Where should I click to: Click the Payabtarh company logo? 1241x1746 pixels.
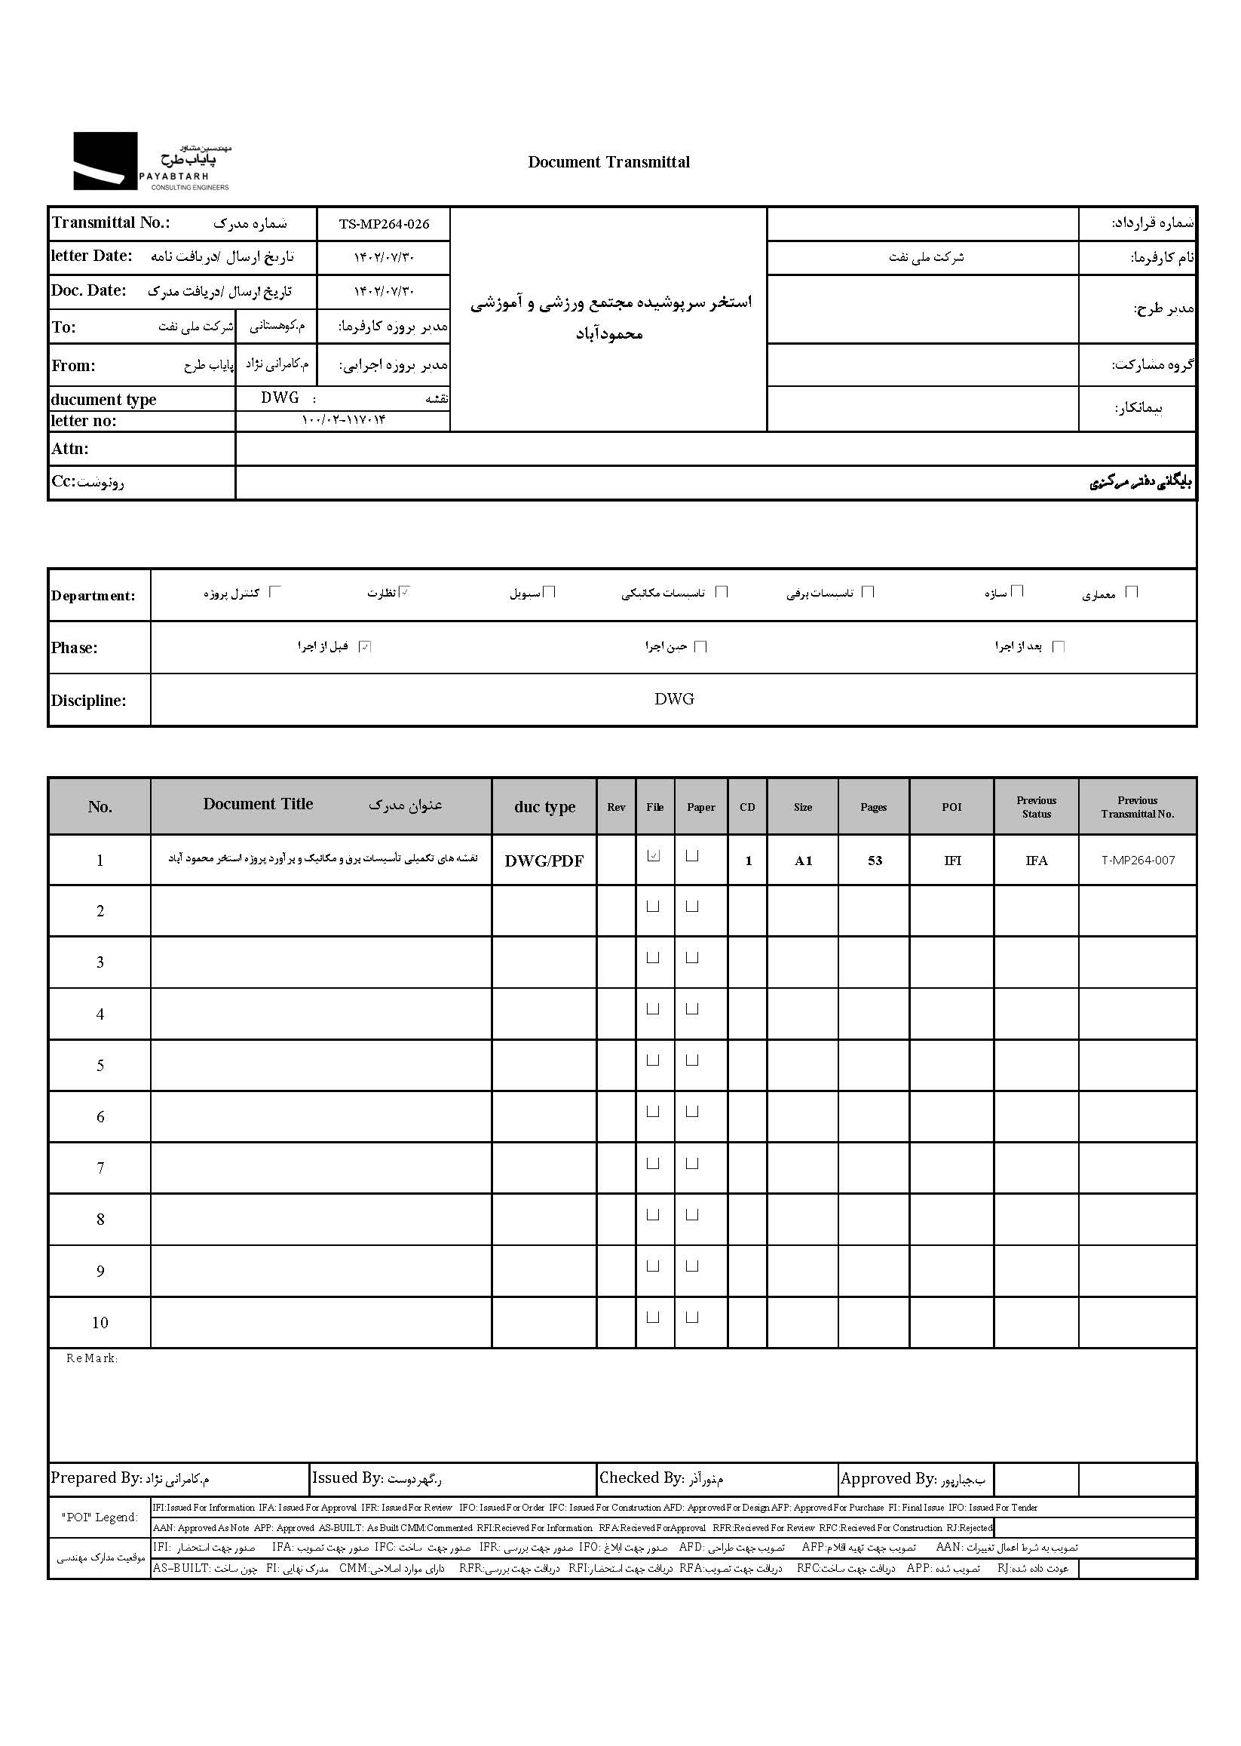point(152,161)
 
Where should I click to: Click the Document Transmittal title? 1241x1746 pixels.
point(608,162)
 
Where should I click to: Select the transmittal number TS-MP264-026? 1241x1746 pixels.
point(384,224)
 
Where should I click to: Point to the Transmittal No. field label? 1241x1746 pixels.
point(111,222)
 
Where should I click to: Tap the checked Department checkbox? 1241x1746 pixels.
point(406,591)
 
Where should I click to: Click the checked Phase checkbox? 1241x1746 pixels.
point(365,646)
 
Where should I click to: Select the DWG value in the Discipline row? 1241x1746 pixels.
point(674,698)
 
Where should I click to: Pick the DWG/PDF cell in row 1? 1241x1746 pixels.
point(544,861)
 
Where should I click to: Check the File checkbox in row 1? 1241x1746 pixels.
point(654,856)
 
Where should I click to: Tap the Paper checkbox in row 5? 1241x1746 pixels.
point(692,1060)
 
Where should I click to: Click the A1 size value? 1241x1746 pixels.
point(803,861)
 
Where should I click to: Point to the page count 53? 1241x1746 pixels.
point(874,861)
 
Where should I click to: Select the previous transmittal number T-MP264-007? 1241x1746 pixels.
point(1137,861)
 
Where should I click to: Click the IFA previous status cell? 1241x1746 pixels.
point(1036,861)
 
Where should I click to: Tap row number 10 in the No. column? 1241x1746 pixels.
point(100,1322)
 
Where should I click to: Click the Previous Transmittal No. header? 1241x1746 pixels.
point(1137,806)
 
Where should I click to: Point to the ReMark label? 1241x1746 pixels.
point(92,1358)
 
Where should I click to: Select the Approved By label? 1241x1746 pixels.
point(887,1478)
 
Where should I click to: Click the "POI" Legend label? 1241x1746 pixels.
point(100,1517)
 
